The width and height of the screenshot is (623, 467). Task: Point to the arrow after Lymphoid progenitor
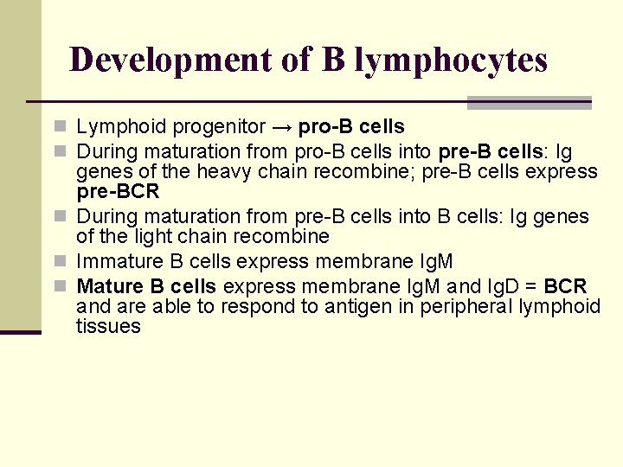(x=281, y=128)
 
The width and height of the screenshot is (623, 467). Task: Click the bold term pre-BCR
(x=118, y=191)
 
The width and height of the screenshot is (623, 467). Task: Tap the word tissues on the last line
(x=108, y=327)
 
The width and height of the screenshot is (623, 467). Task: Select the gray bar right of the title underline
(x=529, y=102)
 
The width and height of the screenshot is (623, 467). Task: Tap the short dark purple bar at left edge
(x=20, y=331)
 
